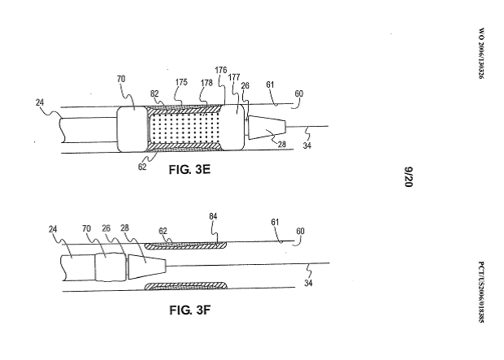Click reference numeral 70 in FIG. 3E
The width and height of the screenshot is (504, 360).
[121, 80]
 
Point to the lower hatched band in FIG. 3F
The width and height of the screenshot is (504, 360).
[184, 287]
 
